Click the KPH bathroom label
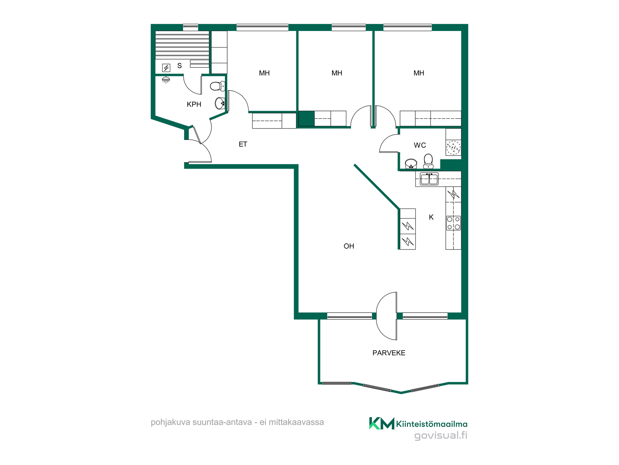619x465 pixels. point(194,104)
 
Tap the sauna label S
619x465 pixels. point(180,66)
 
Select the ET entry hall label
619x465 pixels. point(243,144)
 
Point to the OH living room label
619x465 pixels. point(349,246)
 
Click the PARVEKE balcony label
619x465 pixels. point(389,353)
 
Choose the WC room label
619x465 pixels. point(420,145)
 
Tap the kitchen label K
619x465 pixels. point(431,217)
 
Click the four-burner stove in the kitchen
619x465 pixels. point(453,223)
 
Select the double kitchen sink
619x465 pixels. point(429,179)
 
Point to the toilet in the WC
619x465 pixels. point(428,161)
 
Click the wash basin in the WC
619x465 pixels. point(411,164)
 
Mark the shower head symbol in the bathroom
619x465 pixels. point(166,80)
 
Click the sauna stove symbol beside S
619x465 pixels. point(166,68)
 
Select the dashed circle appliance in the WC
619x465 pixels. point(453,148)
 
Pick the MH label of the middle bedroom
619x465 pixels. point(337,73)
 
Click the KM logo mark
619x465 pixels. point(382,423)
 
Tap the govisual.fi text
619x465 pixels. point(441,436)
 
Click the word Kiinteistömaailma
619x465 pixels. point(432,424)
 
